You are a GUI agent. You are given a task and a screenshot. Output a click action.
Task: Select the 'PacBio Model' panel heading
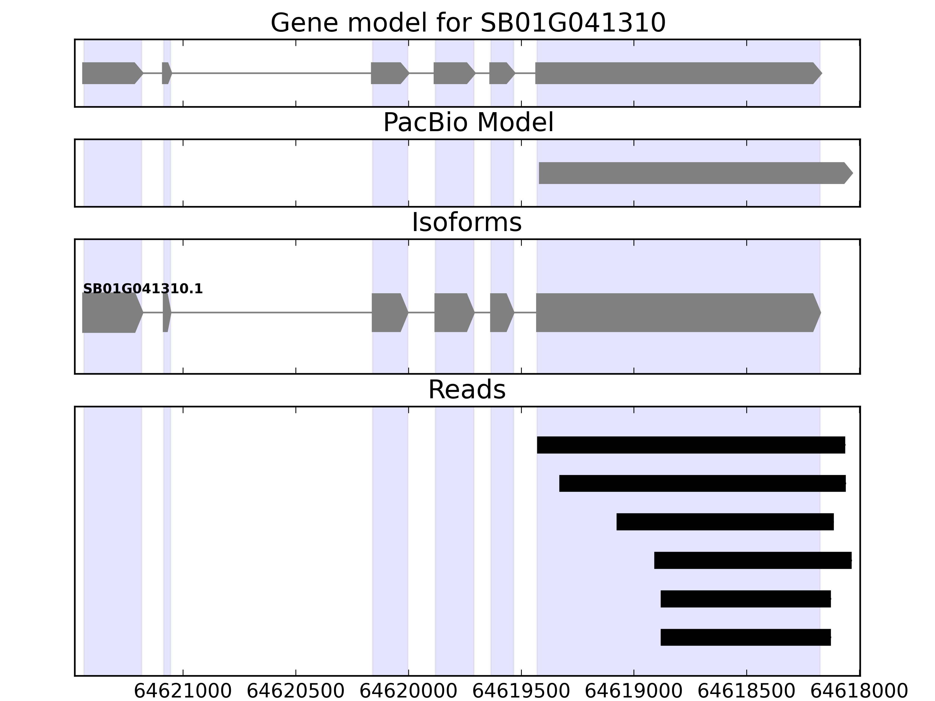tap(468, 123)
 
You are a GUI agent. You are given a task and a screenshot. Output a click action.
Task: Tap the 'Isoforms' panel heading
tap(467, 223)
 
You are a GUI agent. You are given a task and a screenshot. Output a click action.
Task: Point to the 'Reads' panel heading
tap(467, 390)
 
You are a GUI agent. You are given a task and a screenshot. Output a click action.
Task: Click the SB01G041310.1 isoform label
tap(143, 289)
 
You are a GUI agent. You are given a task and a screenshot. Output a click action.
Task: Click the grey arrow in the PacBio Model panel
tap(693, 173)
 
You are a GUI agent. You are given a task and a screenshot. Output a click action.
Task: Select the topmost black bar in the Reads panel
tap(691, 445)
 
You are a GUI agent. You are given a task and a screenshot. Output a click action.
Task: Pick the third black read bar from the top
tap(725, 522)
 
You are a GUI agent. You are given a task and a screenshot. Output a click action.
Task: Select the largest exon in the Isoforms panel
tap(676, 313)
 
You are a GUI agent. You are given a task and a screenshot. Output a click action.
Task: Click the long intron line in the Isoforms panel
tap(271, 313)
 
